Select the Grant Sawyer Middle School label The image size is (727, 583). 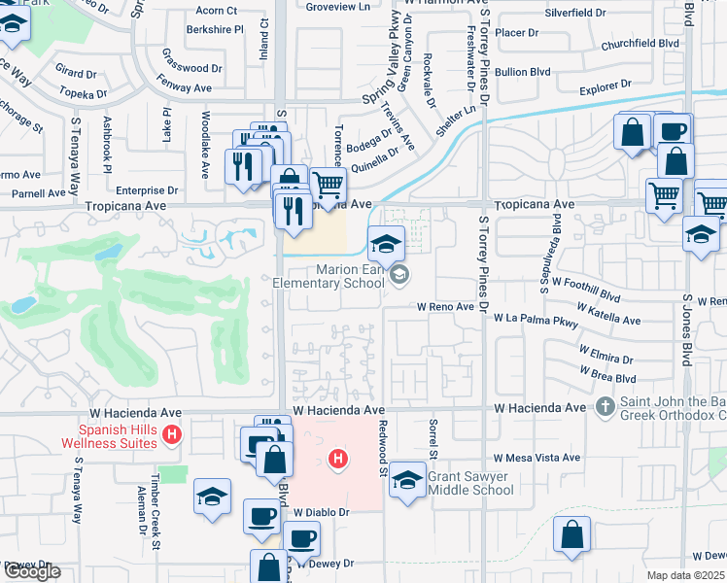click(470, 483)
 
